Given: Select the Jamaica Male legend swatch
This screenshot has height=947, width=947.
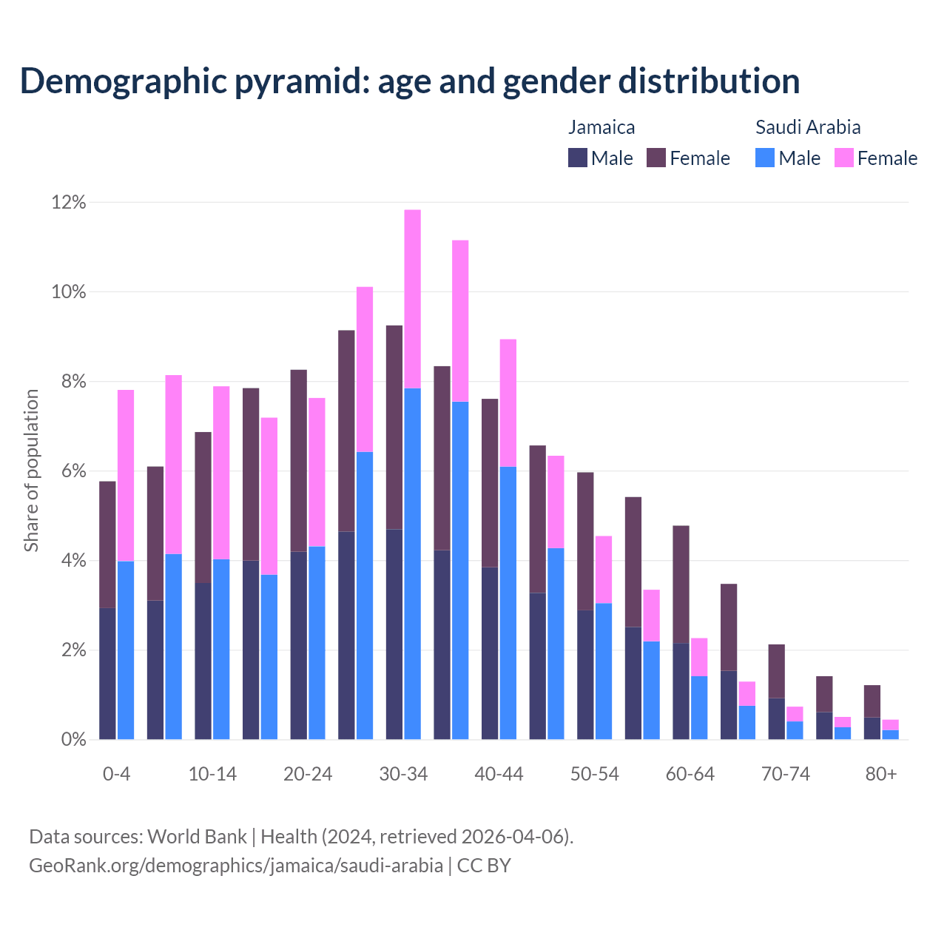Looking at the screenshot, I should pyautogui.click(x=578, y=158).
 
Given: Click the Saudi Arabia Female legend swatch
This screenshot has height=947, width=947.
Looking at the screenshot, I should pyautogui.click(x=843, y=158).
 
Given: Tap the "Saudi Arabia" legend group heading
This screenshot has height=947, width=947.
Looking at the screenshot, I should pyautogui.click(x=808, y=127).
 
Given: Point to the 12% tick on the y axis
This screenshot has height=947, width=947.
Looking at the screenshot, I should pyautogui.click(x=68, y=203).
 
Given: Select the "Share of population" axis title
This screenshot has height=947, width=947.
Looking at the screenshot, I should pyautogui.click(x=31, y=471).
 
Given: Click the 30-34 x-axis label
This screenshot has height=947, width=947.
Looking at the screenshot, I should pyautogui.click(x=403, y=775).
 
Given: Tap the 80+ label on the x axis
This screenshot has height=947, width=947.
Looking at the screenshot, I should pyautogui.click(x=881, y=775).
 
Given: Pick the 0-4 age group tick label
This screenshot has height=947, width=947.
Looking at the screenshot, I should pyautogui.click(x=116, y=775).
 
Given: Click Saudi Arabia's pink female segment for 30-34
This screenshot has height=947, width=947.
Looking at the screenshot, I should pyautogui.click(x=413, y=299).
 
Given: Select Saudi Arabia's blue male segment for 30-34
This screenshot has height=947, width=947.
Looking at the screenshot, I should pyautogui.click(x=413, y=564).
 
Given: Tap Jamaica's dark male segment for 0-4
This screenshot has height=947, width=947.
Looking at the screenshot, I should pyautogui.click(x=107, y=673).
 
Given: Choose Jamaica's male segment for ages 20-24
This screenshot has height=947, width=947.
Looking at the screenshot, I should pyautogui.click(x=298, y=645).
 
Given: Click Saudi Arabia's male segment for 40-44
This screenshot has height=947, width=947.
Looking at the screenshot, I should pyautogui.click(x=508, y=603).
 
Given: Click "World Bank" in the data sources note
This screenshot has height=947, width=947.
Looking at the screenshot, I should pyautogui.click(x=197, y=837).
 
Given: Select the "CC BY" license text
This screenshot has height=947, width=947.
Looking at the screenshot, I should pyautogui.click(x=484, y=866).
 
